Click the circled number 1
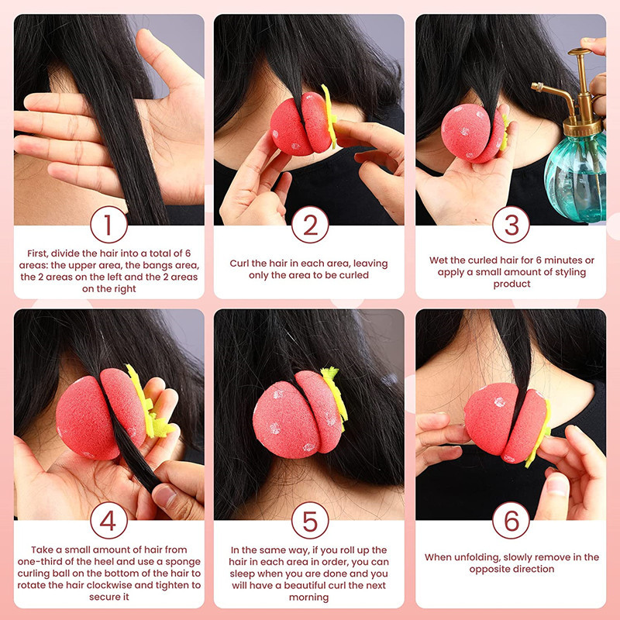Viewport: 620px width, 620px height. coord(108,225)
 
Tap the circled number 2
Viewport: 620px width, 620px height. coord(310,225)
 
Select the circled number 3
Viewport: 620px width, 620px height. coord(511,225)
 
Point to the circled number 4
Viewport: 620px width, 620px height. coord(108,520)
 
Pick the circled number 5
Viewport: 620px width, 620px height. coord(310,520)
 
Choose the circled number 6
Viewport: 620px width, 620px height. coord(511,520)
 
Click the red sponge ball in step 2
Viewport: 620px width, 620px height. coord(301,124)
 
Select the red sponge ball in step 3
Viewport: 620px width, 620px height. coord(473,133)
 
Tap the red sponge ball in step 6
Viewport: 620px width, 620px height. coord(506,422)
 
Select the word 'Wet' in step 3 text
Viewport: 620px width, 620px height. coord(438,260)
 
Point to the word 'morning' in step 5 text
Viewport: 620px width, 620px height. coord(308,598)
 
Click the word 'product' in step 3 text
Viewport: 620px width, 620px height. coord(511,284)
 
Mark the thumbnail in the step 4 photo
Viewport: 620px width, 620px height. coord(165,496)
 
